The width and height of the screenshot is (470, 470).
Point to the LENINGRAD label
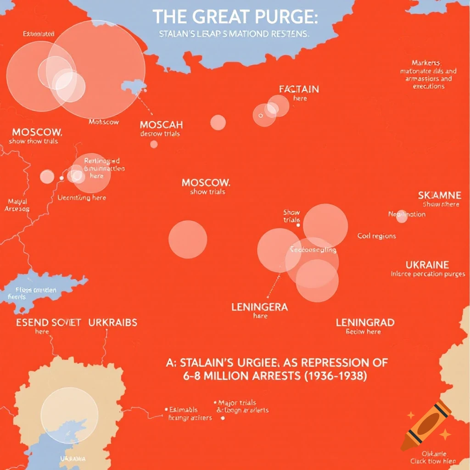(365, 322)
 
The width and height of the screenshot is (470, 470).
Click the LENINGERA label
(259, 307)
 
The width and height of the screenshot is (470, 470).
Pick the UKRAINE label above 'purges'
(427, 265)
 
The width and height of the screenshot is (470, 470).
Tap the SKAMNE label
(439, 195)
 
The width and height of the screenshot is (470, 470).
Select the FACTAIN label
(299, 89)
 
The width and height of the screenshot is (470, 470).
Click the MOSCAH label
(161, 125)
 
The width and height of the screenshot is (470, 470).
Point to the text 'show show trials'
(33, 141)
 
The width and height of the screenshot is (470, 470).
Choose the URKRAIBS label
(112, 322)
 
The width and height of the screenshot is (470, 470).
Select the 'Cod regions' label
(376, 236)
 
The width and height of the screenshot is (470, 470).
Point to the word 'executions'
(428, 86)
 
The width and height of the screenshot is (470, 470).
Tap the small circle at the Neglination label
(402, 216)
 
